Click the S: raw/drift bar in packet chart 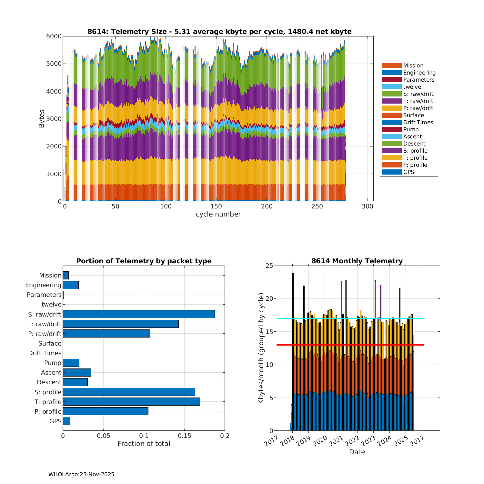point(139,314)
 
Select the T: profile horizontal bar point(131,401)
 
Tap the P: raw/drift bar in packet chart point(106,333)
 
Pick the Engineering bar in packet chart point(71,285)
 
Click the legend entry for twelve point(412,87)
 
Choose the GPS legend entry point(408,172)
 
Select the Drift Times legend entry point(418,122)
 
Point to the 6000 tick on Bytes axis point(54,36)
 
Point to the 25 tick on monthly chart point(269,266)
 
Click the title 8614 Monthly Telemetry point(357,261)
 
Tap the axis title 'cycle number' point(218,214)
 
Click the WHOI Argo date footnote point(81,474)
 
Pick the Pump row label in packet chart point(53,363)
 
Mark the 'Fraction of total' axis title point(144,444)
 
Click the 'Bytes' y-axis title point(42,119)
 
